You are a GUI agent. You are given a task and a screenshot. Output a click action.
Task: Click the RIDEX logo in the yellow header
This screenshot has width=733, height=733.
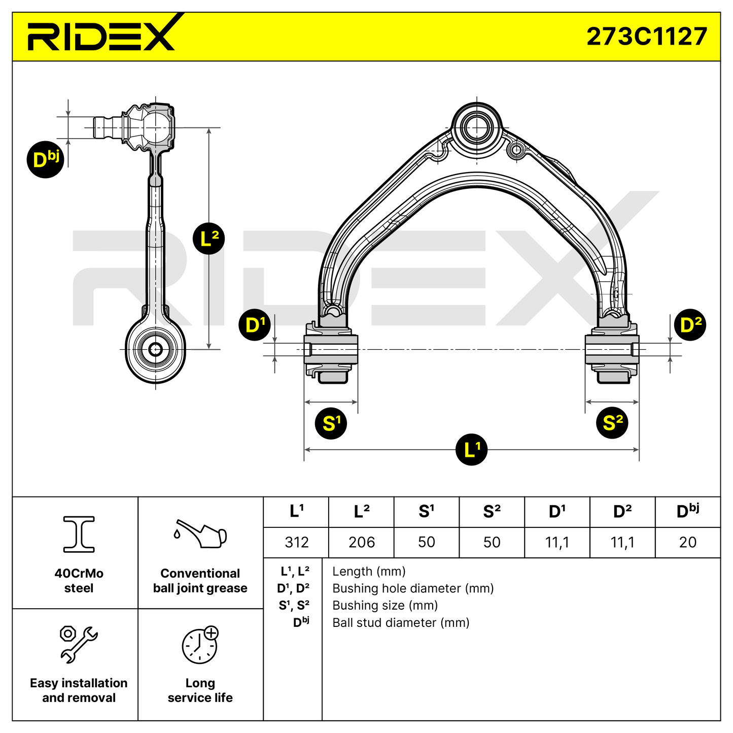pyautogui.click(x=101, y=36)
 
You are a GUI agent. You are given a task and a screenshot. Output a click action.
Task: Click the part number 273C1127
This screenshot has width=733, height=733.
pyautogui.click(x=646, y=37)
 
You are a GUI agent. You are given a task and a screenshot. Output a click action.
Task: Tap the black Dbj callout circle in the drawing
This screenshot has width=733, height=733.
pyautogui.click(x=46, y=159)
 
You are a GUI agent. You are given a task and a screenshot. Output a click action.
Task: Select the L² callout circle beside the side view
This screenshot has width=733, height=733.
pyautogui.click(x=209, y=239)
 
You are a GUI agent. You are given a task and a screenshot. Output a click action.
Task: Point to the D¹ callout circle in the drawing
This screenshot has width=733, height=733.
pyautogui.click(x=255, y=325)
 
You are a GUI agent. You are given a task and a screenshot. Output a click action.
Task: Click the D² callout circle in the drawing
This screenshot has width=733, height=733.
pyautogui.click(x=690, y=325)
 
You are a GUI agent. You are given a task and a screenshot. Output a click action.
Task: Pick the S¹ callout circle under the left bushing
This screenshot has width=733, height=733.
pyautogui.click(x=331, y=423)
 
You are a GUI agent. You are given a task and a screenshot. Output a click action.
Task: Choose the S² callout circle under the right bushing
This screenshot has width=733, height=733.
pyautogui.click(x=612, y=423)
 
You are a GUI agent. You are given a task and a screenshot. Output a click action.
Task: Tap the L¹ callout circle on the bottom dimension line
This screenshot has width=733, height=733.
pyautogui.click(x=472, y=450)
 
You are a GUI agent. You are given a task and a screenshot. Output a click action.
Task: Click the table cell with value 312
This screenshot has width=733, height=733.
pyautogui.click(x=296, y=542)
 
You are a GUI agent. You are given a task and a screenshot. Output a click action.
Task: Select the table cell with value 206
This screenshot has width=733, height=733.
pyautogui.click(x=361, y=542)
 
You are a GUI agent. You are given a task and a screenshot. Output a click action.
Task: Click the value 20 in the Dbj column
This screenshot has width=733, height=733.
pyautogui.click(x=687, y=542)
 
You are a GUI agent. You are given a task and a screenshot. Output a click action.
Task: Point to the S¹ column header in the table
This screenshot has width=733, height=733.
pyautogui.click(x=426, y=512)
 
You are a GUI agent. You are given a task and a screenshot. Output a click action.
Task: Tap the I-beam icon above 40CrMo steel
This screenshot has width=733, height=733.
pyautogui.click(x=79, y=534)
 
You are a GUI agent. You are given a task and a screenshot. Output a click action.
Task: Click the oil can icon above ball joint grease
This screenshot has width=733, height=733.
pyautogui.click(x=200, y=534)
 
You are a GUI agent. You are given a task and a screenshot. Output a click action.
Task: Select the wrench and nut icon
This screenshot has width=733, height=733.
pyautogui.click(x=79, y=644)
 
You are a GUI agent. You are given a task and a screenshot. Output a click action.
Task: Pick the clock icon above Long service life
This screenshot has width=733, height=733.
pyautogui.click(x=200, y=645)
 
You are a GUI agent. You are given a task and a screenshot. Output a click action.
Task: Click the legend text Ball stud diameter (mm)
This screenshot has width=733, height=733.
pyautogui.click(x=401, y=622)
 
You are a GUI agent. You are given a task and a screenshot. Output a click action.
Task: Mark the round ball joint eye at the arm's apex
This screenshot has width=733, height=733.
pyautogui.click(x=476, y=128)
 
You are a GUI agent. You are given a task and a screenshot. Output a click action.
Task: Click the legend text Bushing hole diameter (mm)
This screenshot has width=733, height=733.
pyautogui.click(x=413, y=588)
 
